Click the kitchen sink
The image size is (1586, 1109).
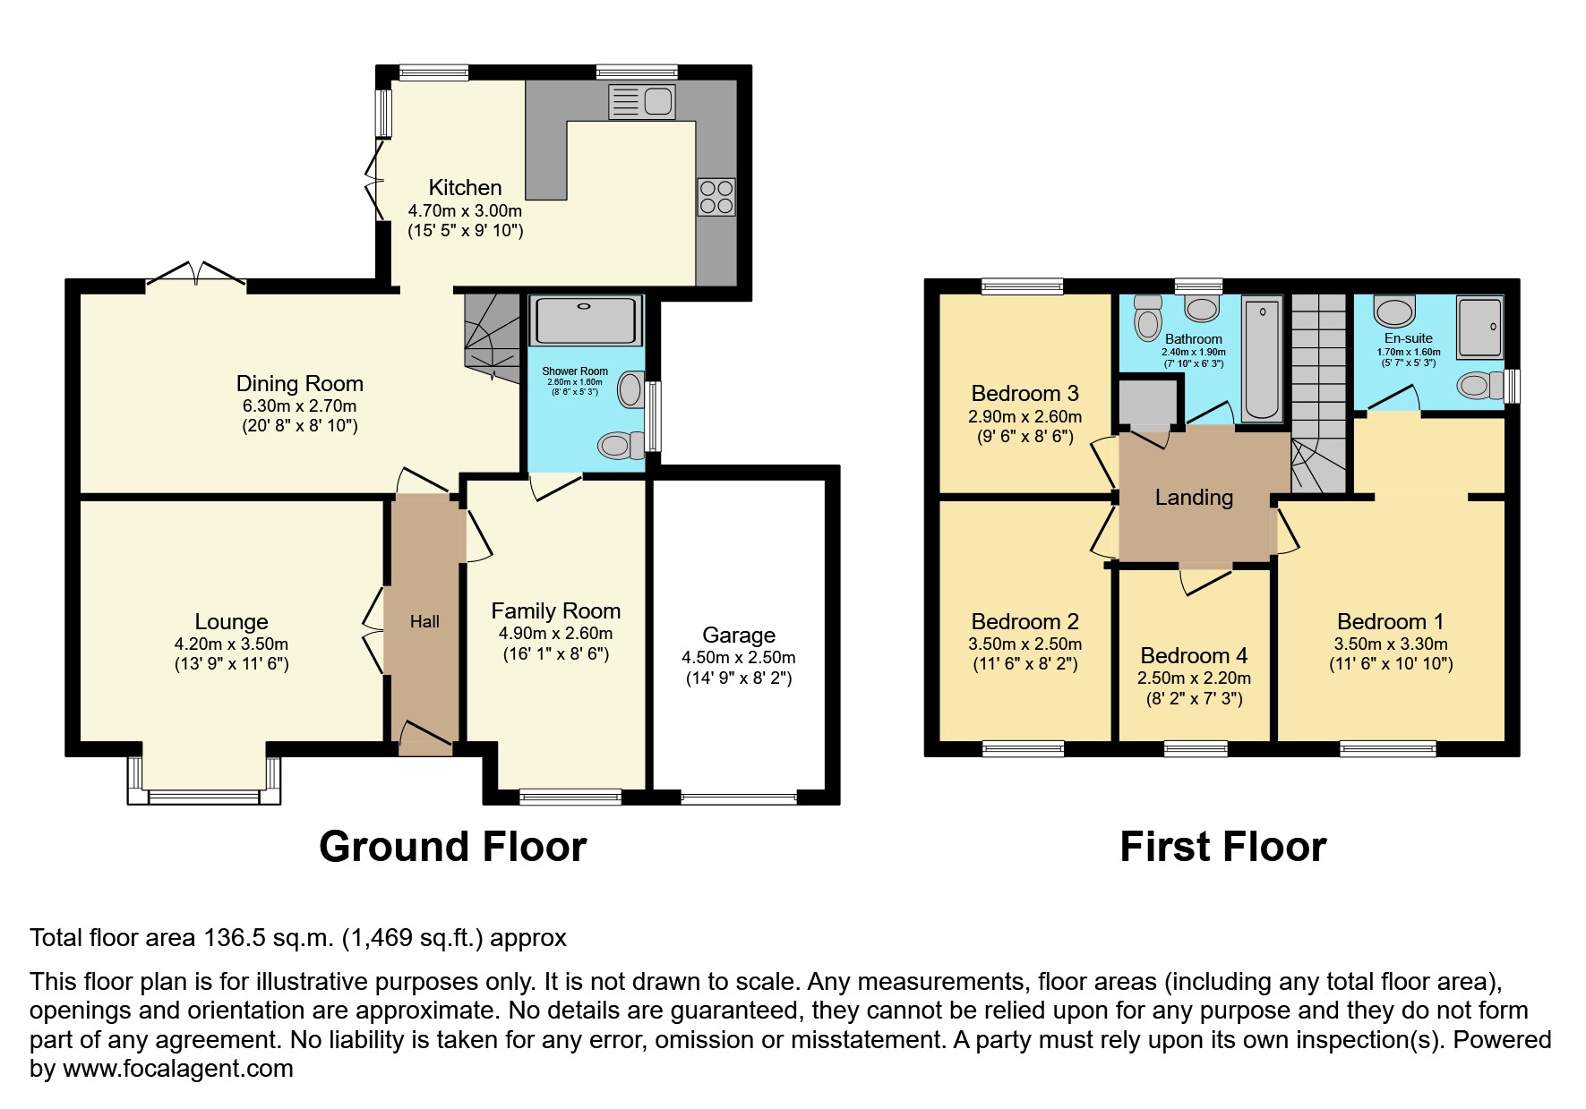pyautogui.click(x=641, y=101)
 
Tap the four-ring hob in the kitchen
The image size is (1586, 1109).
pyautogui.click(x=716, y=197)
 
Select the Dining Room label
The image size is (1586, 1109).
pyautogui.click(x=299, y=384)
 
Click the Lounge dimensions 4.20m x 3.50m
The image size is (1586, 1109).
pyautogui.click(x=231, y=644)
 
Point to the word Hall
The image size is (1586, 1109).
pyautogui.click(x=424, y=621)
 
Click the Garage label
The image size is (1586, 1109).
pyautogui.click(x=738, y=636)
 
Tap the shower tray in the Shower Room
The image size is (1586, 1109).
pyautogui.click(x=586, y=320)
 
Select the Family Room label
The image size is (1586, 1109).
pyautogui.click(x=555, y=611)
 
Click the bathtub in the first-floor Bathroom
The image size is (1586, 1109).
pyautogui.click(x=1263, y=358)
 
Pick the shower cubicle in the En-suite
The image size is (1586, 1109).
pyautogui.click(x=1479, y=328)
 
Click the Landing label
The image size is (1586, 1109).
pyautogui.click(x=1194, y=498)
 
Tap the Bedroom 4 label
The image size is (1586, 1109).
pyautogui.click(x=1194, y=656)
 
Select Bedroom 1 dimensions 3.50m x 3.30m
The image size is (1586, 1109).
pyautogui.click(x=1390, y=644)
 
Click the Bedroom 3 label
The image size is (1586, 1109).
pyautogui.click(x=1024, y=394)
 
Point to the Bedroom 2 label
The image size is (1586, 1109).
pyautogui.click(x=1024, y=622)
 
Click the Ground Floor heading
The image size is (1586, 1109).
pyautogui.click(x=452, y=847)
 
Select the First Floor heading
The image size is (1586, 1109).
pyautogui.click(x=1222, y=847)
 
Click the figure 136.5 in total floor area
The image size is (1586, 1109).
pyautogui.click(x=230, y=938)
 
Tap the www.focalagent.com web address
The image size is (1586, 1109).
pyautogui.click(x=178, y=1069)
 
